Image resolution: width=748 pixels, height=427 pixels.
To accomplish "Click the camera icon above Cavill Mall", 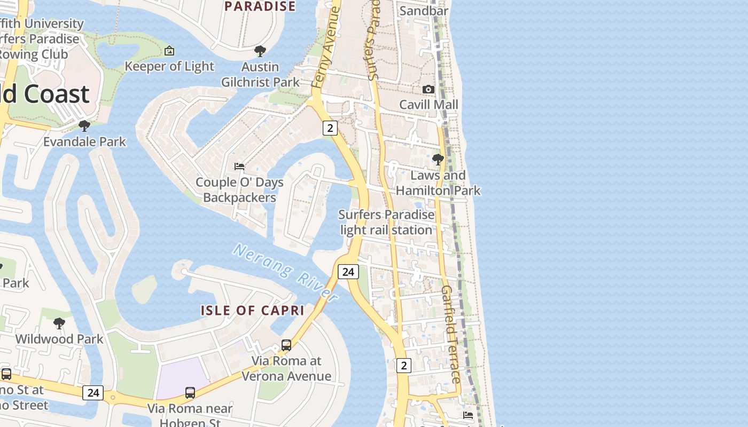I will click(x=428, y=89).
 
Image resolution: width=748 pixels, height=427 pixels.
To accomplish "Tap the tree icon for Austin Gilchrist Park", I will click(x=260, y=51).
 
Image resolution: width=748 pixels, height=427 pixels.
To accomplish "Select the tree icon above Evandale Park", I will click(x=84, y=126).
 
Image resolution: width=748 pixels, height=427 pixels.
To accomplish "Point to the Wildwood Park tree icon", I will click(x=59, y=323).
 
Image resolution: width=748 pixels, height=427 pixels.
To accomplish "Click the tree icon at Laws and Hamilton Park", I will click(x=438, y=159).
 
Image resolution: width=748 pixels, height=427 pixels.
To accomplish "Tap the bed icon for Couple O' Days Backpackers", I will click(x=239, y=167).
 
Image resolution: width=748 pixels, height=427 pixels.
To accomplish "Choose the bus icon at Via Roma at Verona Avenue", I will click(x=286, y=345).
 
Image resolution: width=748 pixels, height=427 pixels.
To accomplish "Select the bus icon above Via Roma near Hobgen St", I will click(x=190, y=393).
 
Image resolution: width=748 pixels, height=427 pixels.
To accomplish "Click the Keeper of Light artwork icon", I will click(x=169, y=51).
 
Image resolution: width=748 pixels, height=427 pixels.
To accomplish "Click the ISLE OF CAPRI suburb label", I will click(x=252, y=310).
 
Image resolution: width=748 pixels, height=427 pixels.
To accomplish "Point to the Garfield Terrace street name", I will click(x=450, y=334).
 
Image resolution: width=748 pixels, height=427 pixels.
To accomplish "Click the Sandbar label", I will click(x=424, y=11).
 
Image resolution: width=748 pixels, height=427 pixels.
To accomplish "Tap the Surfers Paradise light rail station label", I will click(x=387, y=222).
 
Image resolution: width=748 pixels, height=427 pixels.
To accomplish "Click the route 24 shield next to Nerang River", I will click(x=348, y=272).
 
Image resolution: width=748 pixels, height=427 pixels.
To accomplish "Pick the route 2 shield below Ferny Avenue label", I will click(x=330, y=128).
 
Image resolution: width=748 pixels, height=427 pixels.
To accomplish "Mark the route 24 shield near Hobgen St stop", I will click(x=93, y=393).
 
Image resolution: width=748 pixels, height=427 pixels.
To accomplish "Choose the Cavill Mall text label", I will click(x=429, y=105).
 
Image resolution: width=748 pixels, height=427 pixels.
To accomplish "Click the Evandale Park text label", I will click(x=84, y=141).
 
